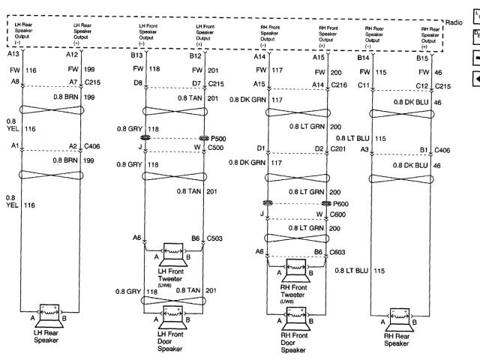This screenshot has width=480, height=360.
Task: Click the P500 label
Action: (x=217, y=138)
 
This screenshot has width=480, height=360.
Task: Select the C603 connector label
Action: (x=337, y=253)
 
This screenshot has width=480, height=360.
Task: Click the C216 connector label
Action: (x=339, y=85)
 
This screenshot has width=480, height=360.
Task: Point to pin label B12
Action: (x=196, y=55)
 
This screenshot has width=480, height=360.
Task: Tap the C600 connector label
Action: (x=338, y=214)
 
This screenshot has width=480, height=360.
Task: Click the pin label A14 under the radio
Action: (x=259, y=57)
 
